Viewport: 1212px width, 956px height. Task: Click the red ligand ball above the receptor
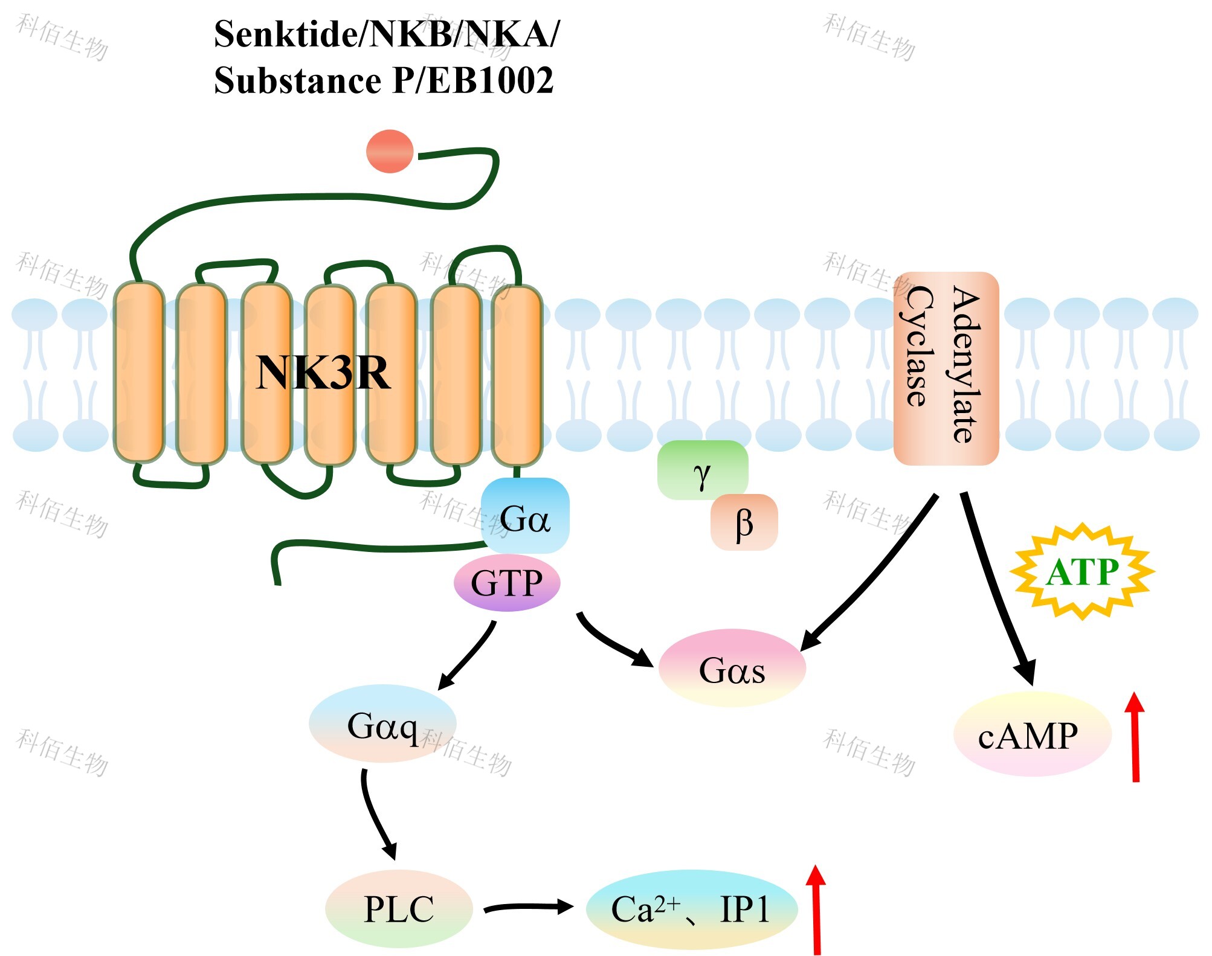390,151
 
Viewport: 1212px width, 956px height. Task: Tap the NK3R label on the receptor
323,373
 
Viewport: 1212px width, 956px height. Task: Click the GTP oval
507,583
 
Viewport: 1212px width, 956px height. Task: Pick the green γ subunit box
702,470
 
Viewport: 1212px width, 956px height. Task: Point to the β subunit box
744,522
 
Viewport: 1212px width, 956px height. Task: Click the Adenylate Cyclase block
946,368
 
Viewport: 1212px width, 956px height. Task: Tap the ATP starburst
1082,571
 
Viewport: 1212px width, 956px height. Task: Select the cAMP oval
1031,735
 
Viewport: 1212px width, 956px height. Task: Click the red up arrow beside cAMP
1135,737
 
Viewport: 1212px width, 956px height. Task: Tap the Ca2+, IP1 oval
691,909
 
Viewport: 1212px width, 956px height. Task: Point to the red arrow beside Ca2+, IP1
816,909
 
